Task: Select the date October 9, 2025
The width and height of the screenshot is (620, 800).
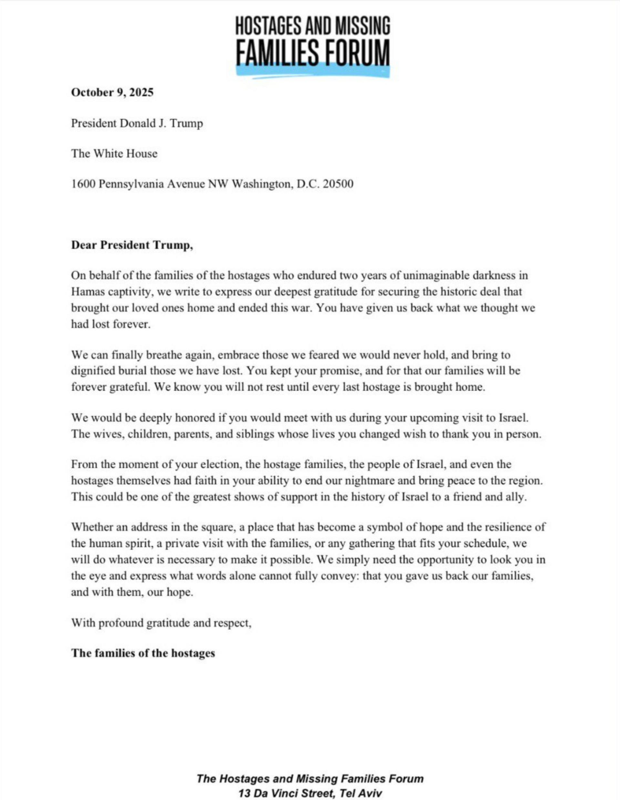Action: pyautogui.click(x=112, y=92)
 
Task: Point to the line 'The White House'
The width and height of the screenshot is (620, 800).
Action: pyautogui.click(x=114, y=153)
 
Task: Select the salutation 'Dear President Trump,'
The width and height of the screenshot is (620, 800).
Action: pyautogui.click(x=132, y=245)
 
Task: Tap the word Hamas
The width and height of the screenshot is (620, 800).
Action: pyautogui.click(x=87, y=292)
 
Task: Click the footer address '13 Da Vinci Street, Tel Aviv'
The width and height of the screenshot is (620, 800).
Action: pyautogui.click(x=310, y=794)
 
